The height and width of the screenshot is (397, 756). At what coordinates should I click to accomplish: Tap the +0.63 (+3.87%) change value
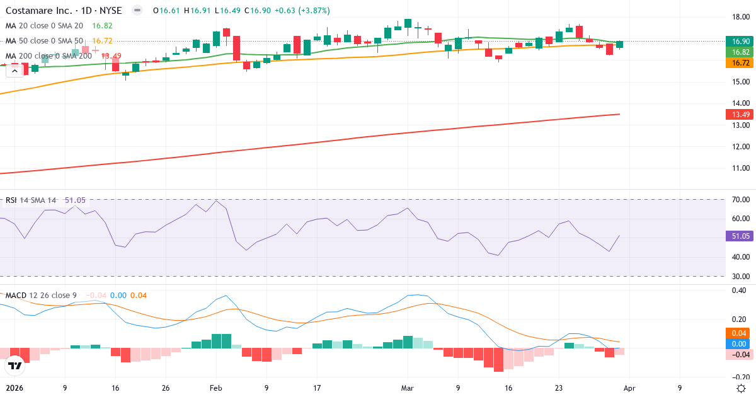(x=300, y=11)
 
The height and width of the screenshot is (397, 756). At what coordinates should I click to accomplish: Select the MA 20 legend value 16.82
(x=102, y=26)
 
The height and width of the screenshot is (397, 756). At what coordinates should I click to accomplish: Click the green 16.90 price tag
(x=739, y=41)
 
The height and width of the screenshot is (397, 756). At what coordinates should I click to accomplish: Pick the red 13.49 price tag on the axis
(x=739, y=114)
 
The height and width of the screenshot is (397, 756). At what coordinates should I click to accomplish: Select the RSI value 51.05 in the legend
(x=74, y=200)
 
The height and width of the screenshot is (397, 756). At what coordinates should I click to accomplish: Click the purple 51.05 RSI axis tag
(x=739, y=236)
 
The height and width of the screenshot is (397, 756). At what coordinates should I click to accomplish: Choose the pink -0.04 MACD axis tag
(x=739, y=355)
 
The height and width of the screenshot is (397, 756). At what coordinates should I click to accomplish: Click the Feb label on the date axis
(x=216, y=388)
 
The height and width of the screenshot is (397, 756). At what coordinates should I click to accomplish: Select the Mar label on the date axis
(x=408, y=388)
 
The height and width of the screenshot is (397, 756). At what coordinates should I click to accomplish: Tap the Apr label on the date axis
(x=629, y=388)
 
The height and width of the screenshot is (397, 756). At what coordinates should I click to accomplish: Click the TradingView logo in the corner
(x=14, y=365)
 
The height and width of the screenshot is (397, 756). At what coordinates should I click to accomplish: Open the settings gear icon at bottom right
(x=742, y=388)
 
